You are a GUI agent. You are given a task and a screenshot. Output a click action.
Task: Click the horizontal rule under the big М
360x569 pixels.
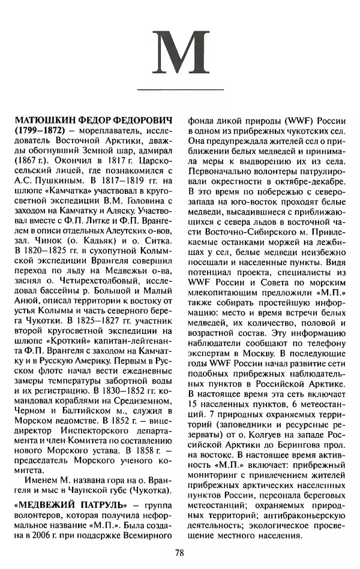pyautogui.click(x=180, y=90)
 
